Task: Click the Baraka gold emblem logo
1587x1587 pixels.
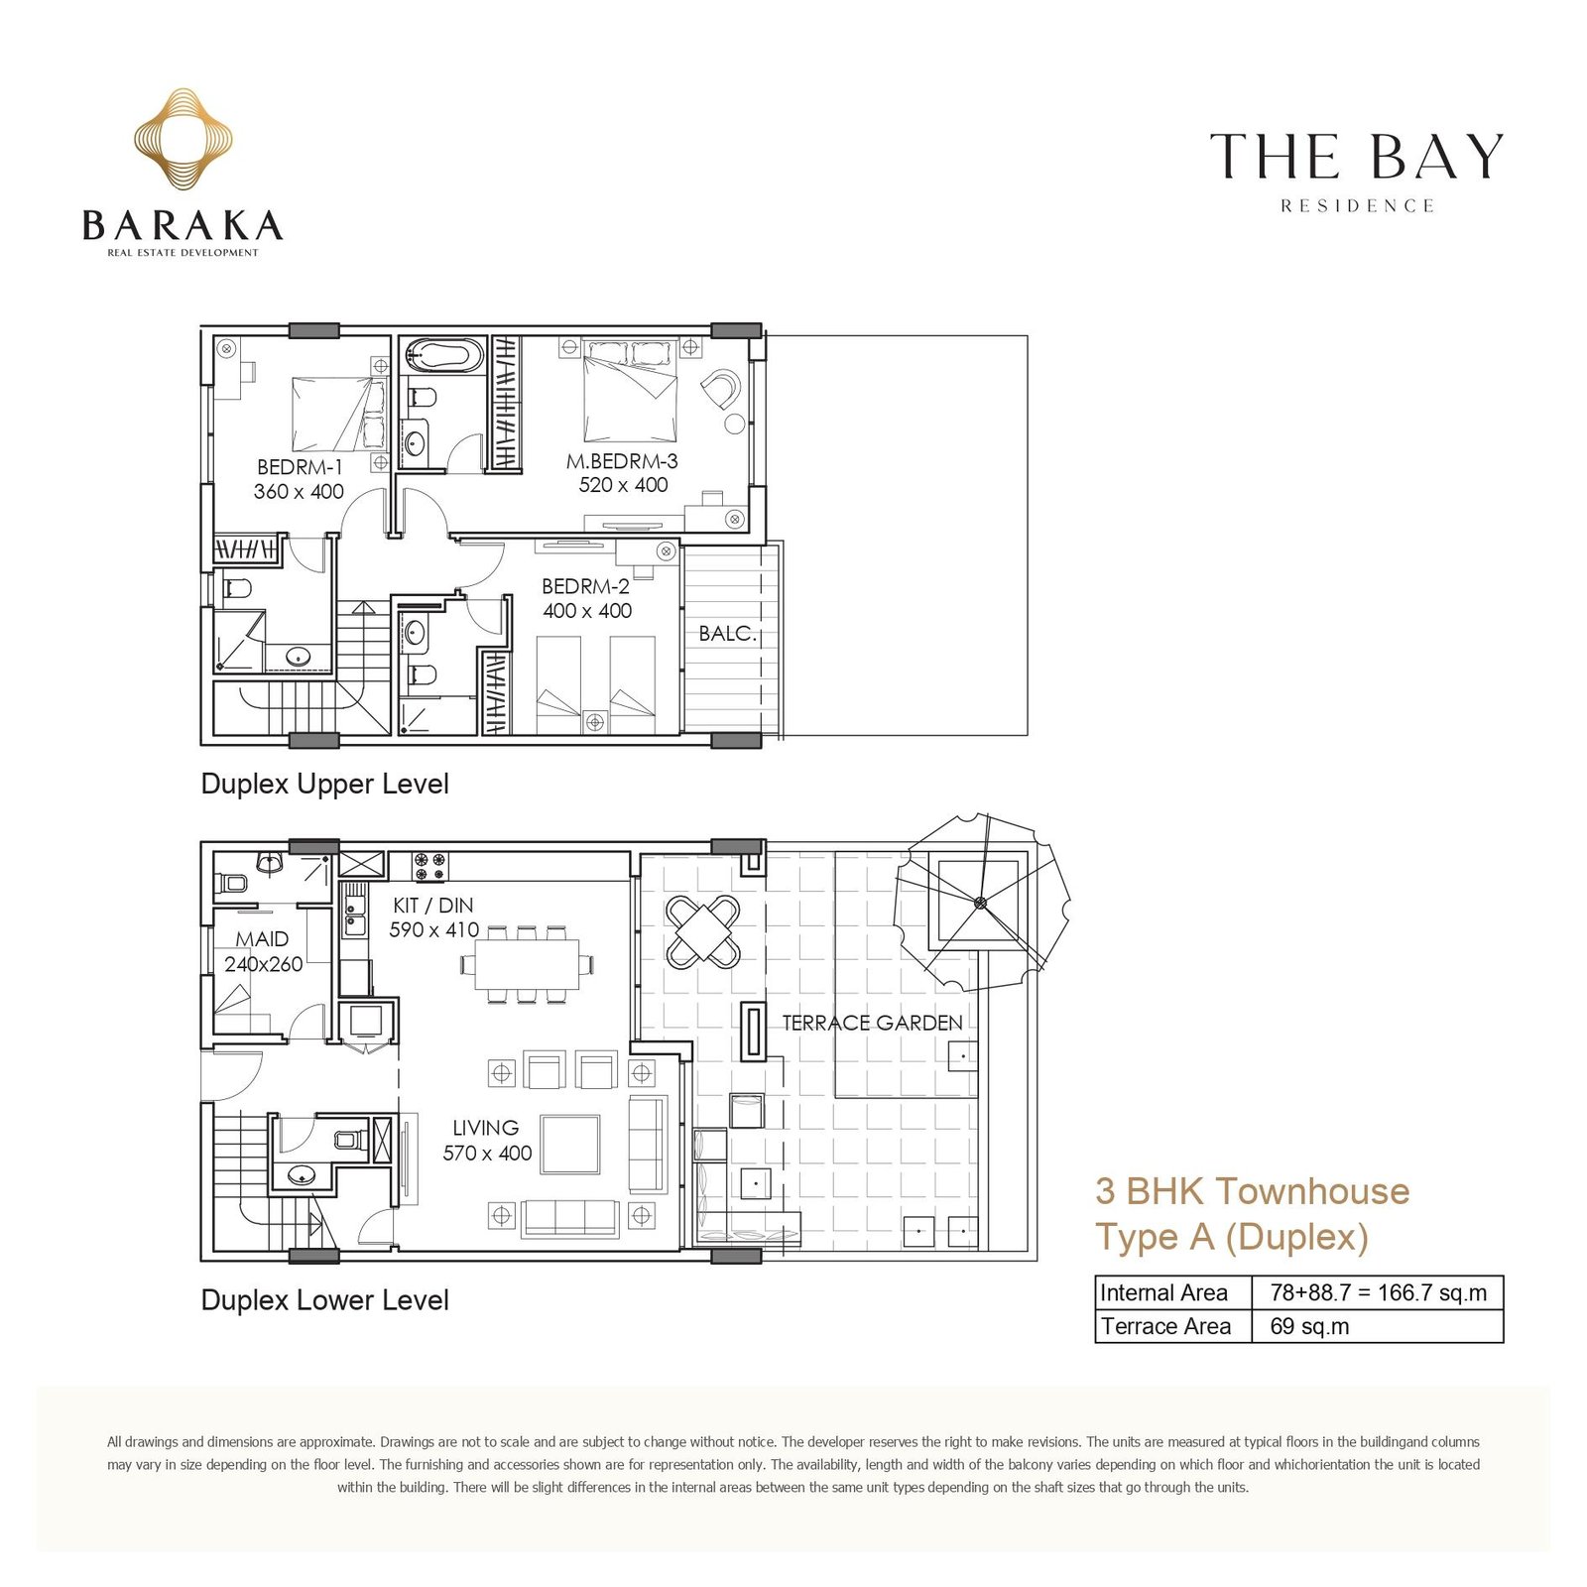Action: [x=183, y=139]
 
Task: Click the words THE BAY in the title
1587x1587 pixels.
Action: [x=1356, y=157]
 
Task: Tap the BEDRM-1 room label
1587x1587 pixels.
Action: [x=300, y=466]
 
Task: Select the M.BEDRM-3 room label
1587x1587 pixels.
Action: [x=622, y=460]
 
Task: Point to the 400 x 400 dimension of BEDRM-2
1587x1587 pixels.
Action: [x=587, y=611]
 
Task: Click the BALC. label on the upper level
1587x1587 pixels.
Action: [x=727, y=633]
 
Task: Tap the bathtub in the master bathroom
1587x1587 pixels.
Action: [x=444, y=355]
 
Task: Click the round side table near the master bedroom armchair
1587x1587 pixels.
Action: [x=734, y=424]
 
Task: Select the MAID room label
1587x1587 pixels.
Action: [x=262, y=938]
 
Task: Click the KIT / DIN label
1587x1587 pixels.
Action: [x=433, y=905]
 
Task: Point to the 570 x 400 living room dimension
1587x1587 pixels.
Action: [x=487, y=1153]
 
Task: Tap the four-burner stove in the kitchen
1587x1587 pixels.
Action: [x=430, y=866]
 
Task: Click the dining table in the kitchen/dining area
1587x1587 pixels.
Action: [x=527, y=963]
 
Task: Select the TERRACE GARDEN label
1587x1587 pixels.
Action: [x=872, y=1023]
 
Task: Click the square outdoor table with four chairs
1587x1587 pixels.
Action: [x=702, y=931]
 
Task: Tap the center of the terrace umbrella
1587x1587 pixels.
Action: [x=980, y=902]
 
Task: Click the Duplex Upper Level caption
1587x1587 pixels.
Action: [x=324, y=784]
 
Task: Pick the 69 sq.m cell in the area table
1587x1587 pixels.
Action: [x=1309, y=1326]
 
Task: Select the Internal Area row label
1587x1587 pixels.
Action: [x=1163, y=1292]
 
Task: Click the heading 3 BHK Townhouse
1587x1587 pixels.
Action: [x=1252, y=1190]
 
